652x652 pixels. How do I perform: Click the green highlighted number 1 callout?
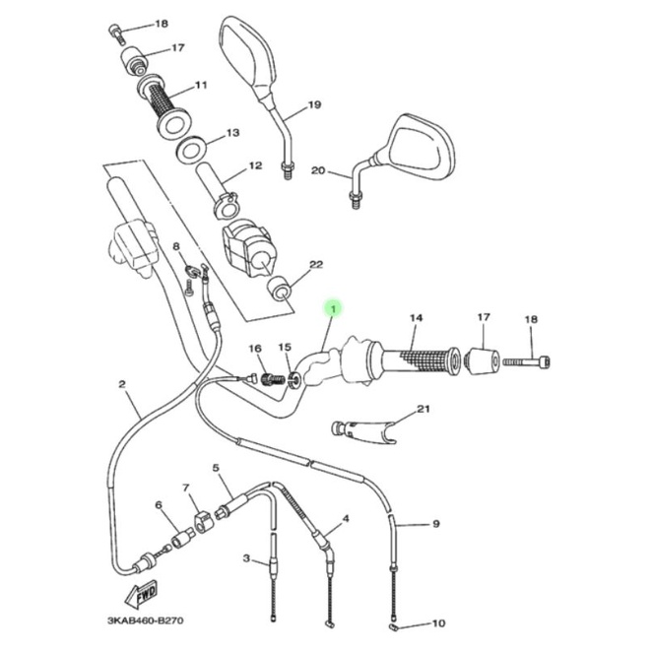[x=332, y=309]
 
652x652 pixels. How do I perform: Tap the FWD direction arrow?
[x=141, y=593]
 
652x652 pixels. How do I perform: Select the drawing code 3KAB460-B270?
[x=145, y=620]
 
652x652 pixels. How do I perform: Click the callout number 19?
[x=314, y=104]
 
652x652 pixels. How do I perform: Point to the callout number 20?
[x=318, y=170]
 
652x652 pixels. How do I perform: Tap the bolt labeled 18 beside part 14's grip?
[x=526, y=360]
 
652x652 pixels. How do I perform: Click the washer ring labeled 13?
[x=192, y=148]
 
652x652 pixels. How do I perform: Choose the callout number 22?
[x=316, y=265]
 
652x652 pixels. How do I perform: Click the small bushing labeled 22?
[x=279, y=289]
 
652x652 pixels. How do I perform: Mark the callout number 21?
[x=424, y=409]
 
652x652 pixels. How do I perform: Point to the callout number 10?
[x=438, y=622]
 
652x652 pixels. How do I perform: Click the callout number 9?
[x=435, y=524]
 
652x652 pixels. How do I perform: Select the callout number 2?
[x=122, y=384]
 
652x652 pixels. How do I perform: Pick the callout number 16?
[x=255, y=348]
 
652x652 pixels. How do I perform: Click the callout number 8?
[x=176, y=247]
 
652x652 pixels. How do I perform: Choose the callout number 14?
[x=417, y=318]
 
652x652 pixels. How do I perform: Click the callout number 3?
[x=246, y=557]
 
